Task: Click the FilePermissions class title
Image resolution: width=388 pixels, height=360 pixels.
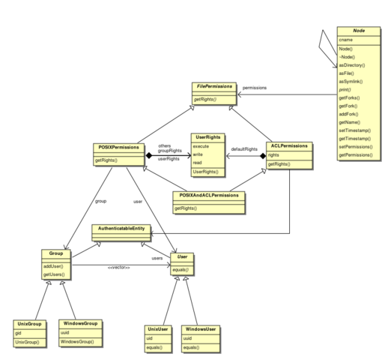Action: coord(214,86)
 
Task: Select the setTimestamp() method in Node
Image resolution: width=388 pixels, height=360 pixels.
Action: coord(355,130)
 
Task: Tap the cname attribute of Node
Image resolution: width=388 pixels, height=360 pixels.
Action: coord(345,40)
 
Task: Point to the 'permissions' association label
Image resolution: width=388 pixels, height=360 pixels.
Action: coord(255,88)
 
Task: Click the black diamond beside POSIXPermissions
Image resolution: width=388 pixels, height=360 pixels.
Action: coord(149,155)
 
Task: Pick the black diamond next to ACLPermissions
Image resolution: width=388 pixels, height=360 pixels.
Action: coord(263,156)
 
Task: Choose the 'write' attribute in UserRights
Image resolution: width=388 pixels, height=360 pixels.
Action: coord(198,154)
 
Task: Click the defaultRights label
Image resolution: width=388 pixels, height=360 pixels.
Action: coord(244,149)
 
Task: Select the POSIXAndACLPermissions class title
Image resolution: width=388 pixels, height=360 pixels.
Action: coord(209,195)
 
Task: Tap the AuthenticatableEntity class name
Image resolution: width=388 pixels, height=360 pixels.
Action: coord(121,229)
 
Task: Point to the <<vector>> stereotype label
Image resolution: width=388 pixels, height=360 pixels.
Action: coord(119,268)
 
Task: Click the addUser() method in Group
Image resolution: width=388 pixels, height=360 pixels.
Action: coord(53,266)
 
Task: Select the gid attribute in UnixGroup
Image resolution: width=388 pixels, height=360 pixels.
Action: coord(18,333)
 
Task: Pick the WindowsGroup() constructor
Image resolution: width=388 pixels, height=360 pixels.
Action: coord(77,342)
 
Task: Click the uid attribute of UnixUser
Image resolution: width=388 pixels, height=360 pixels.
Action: coord(149,338)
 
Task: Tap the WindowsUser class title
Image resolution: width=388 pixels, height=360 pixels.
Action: coord(201,329)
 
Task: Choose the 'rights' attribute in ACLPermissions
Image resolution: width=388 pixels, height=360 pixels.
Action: coord(273,155)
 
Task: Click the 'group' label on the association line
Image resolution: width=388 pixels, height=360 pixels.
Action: coord(100,201)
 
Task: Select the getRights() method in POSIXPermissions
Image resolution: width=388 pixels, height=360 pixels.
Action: coord(106,160)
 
